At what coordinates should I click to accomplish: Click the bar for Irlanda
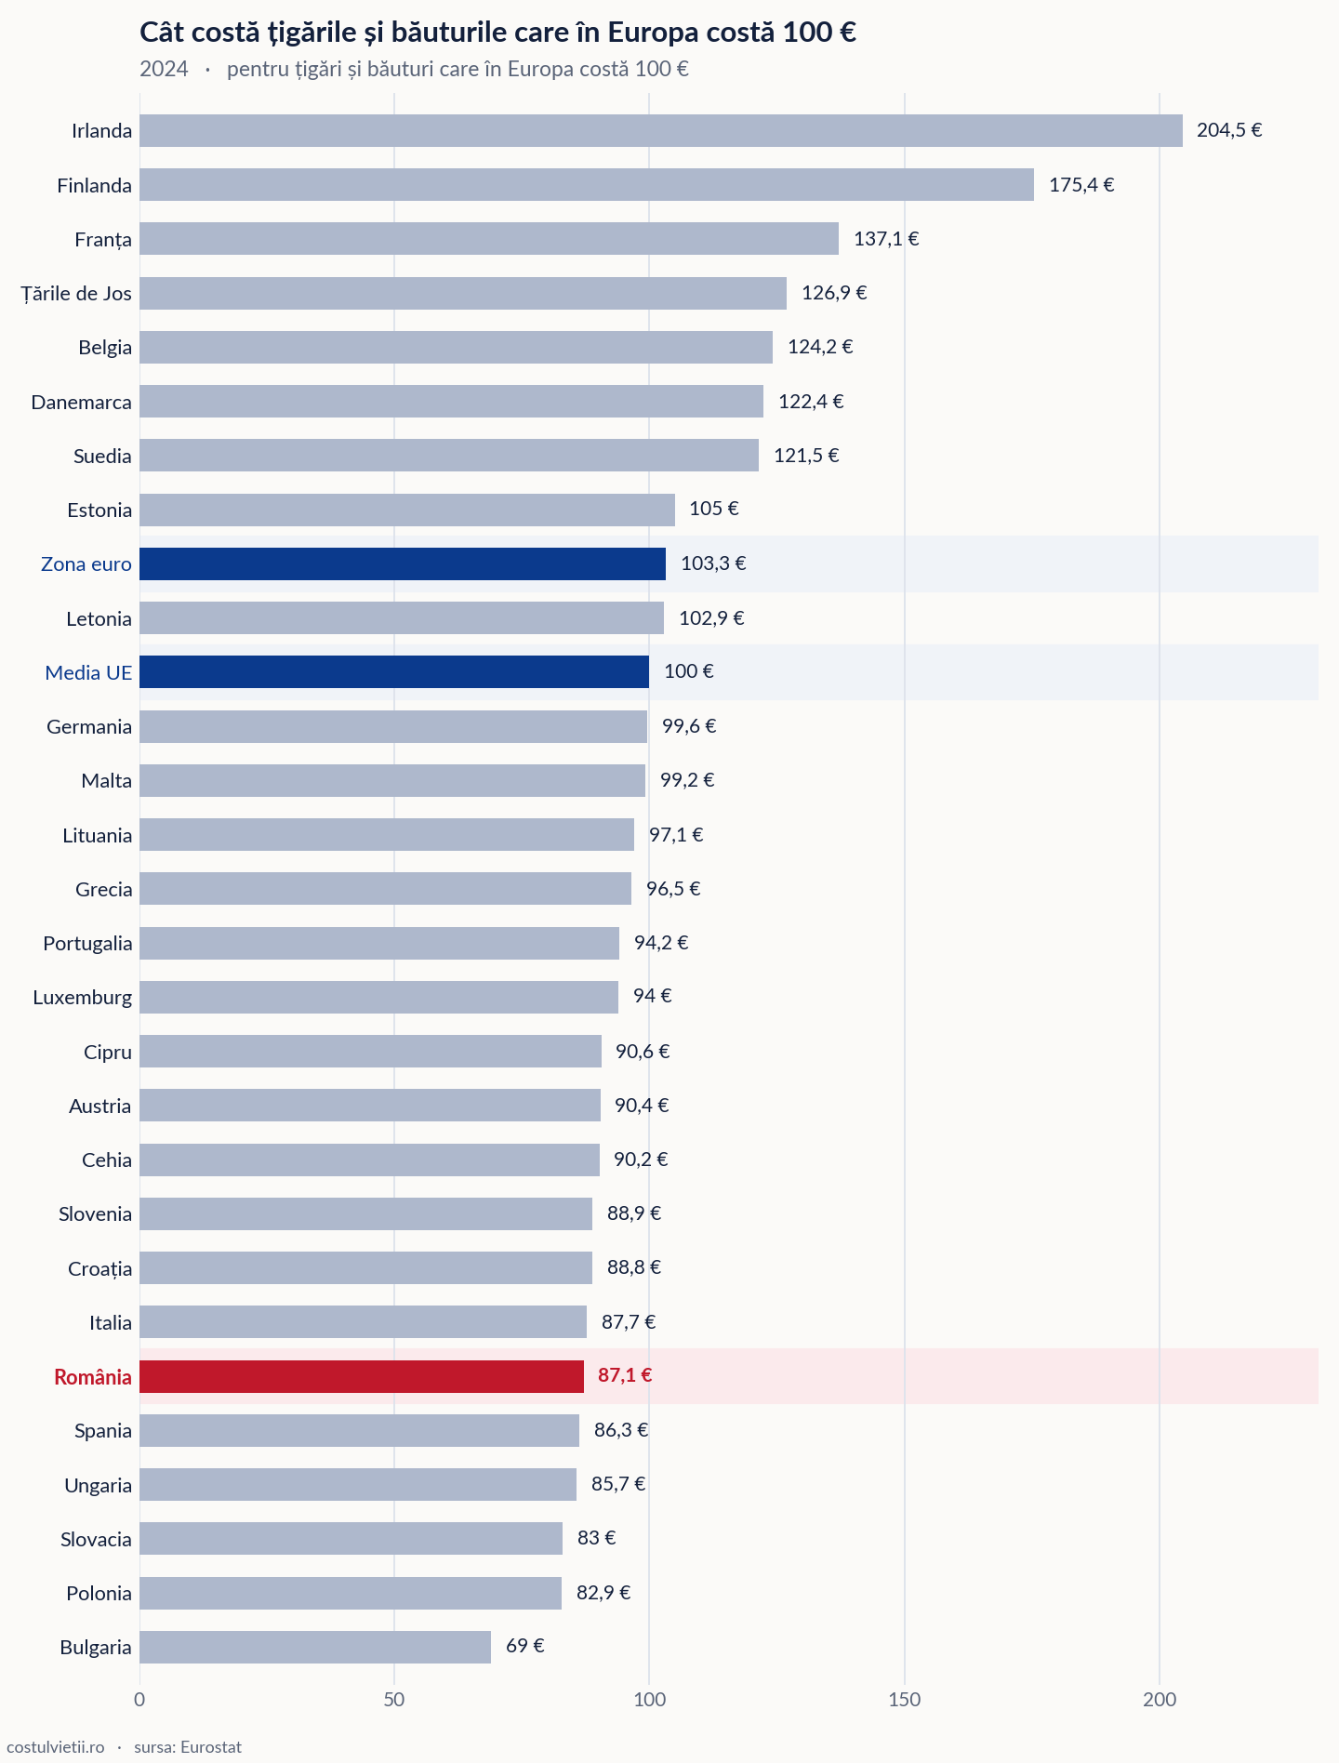[x=661, y=130]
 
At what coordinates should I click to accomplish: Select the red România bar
[x=362, y=1376]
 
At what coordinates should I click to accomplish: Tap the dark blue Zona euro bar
[x=403, y=563]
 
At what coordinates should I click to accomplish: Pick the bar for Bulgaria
[x=315, y=1647]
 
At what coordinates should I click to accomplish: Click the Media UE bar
[x=394, y=671]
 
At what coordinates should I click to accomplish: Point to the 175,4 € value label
[x=1081, y=184]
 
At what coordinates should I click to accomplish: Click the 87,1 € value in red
[x=625, y=1374]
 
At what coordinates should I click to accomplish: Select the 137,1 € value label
[x=886, y=238]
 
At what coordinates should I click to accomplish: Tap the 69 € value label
[x=525, y=1645]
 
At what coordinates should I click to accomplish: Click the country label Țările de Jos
[x=76, y=294]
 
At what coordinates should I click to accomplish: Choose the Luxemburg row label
[x=83, y=998]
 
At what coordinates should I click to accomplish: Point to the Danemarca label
[x=82, y=402]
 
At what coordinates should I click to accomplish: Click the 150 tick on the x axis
[x=904, y=1700]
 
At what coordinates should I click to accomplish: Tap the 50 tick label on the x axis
[x=394, y=1700]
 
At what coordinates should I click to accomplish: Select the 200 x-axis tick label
[x=1160, y=1700]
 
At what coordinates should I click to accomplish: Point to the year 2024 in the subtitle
[x=164, y=69]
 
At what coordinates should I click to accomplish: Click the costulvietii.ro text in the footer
[x=55, y=1747]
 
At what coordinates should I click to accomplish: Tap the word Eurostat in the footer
[x=211, y=1747]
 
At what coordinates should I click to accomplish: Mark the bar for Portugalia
[x=379, y=943]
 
